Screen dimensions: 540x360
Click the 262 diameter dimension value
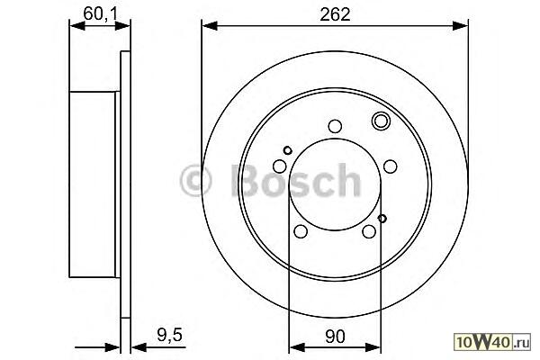point(335,14)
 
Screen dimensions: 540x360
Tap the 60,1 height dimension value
point(100,13)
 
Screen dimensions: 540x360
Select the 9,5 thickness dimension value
point(169,335)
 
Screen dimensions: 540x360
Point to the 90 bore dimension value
point(335,337)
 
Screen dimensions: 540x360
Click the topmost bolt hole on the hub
point(335,126)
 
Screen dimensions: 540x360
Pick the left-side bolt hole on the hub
point(280,166)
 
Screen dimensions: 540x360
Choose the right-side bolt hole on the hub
point(390,166)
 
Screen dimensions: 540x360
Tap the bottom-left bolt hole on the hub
point(301,231)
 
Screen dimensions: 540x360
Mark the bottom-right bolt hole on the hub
point(369,231)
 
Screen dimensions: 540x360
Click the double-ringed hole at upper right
point(381,121)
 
